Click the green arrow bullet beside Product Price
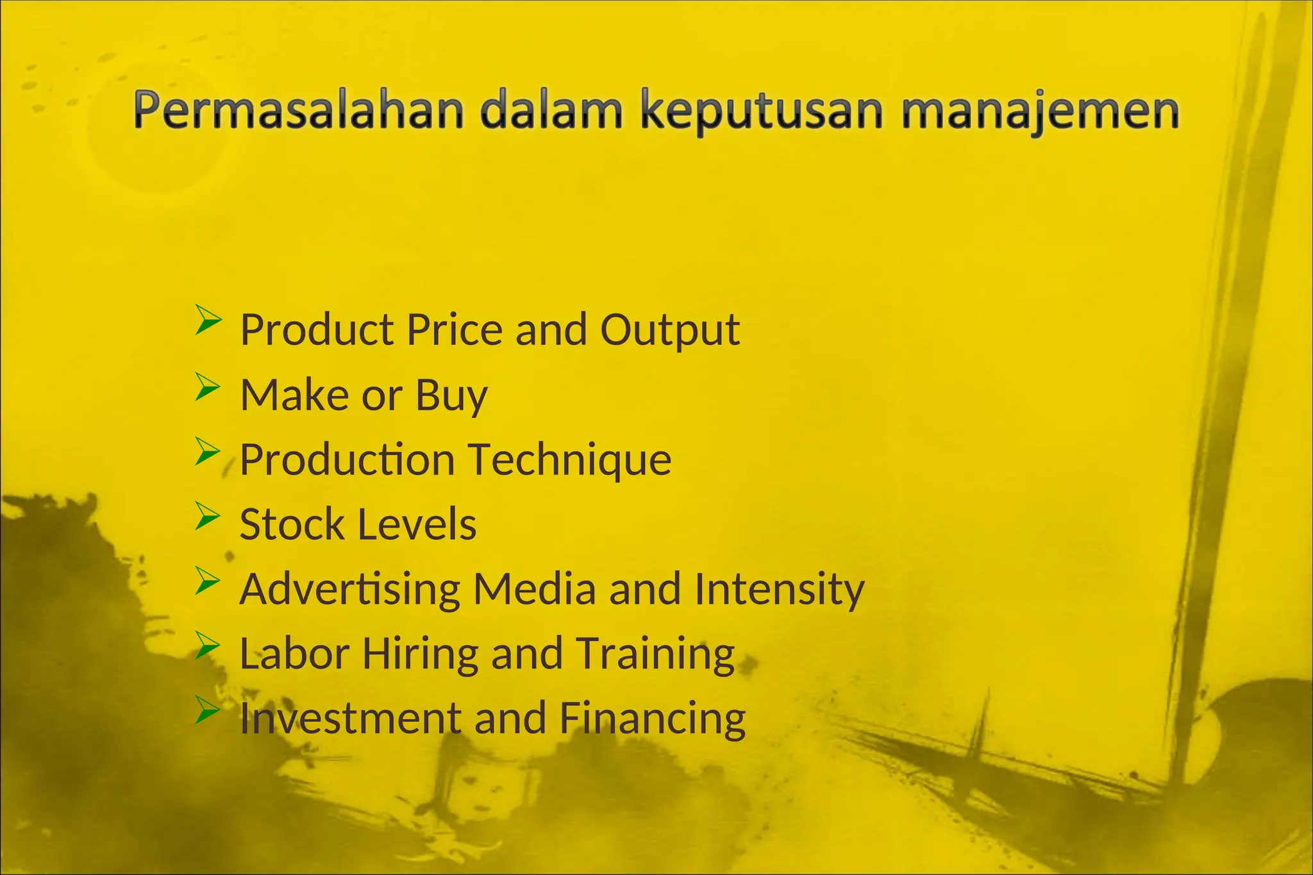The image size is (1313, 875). [208, 320]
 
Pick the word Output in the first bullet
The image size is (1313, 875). [670, 330]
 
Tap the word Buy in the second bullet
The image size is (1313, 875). [451, 396]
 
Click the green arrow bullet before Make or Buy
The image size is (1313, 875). [208, 386]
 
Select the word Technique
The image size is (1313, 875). [570, 460]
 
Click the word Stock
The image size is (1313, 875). [292, 524]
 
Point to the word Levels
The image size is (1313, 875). [417, 524]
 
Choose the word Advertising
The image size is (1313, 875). [350, 589]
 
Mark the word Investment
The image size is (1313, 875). [350, 718]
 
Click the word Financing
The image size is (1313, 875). [653, 718]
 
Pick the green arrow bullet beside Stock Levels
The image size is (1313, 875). [208, 515]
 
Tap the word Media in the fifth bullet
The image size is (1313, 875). [535, 589]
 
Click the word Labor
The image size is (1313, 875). [294, 654]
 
